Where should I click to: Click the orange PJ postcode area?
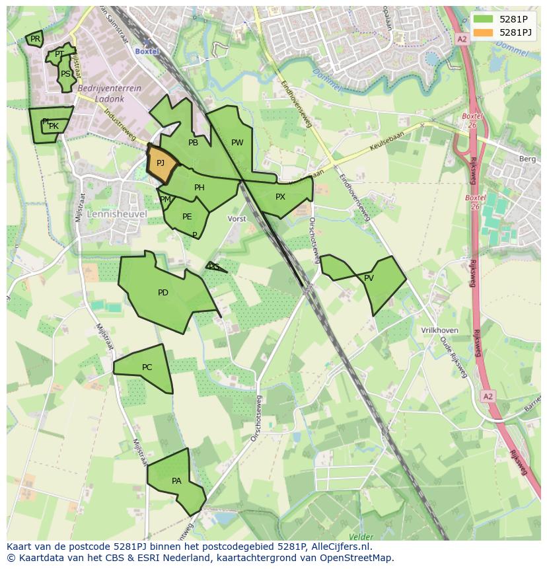tap(161, 163)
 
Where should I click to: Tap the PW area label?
tap(237, 143)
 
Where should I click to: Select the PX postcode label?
tap(280, 197)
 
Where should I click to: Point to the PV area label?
tap(369, 278)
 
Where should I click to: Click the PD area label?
tap(163, 293)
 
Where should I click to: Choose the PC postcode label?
tap(147, 367)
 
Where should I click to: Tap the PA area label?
tap(176, 481)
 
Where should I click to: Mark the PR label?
tap(35, 39)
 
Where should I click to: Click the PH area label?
tap(200, 188)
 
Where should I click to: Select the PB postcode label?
tap(193, 143)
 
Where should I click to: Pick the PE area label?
tap(187, 217)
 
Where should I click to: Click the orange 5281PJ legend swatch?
tap(484, 32)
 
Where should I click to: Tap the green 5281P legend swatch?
tap(484, 19)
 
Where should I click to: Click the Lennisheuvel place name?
tap(108, 214)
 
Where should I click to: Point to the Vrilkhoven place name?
tap(439, 330)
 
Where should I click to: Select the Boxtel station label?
tap(147, 51)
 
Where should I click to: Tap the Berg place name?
tap(527, 159)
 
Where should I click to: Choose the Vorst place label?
tap(237, 219)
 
